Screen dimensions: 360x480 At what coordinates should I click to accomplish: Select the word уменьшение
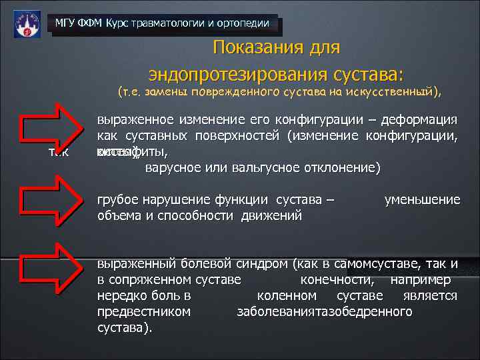(422, 200)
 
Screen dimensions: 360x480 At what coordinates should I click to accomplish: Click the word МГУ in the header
(65, 24)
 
